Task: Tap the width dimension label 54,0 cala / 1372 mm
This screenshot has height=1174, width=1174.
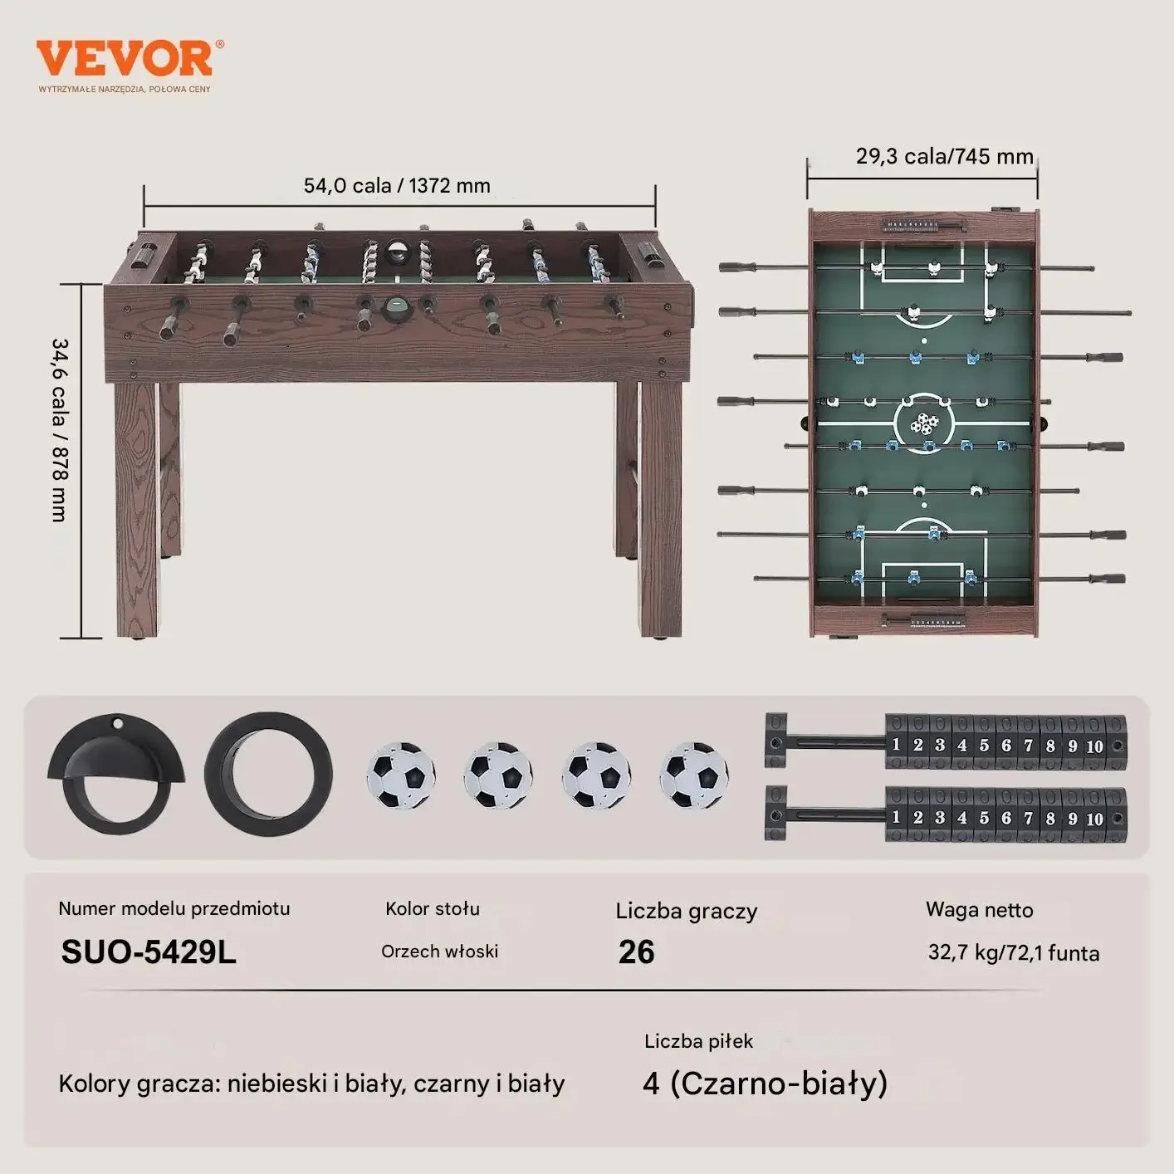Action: tap(397, 185)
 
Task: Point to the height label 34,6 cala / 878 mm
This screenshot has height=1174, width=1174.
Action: tap(60, 429)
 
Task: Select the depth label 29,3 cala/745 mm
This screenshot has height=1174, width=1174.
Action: tap(944, 156)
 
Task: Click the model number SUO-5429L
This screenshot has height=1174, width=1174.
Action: tap(149, 951)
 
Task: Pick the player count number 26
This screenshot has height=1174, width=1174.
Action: tap(636, 951)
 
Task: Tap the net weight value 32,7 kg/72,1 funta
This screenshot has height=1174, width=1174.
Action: tap(1013, 952)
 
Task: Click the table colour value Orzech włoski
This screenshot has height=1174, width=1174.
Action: tap(439, 951)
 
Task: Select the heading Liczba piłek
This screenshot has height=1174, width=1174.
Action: tap(698, 1041)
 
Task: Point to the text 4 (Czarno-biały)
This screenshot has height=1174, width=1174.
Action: tap(765, 1083)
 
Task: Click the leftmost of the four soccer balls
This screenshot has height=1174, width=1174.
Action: tap(401, 775)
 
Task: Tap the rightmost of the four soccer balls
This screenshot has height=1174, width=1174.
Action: tap(694, 775)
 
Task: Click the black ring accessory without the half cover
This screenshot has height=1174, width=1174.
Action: tap(268, 775)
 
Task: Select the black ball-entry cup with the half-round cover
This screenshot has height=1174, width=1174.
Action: tap(117, 773)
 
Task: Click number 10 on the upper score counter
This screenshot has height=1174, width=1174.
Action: tap(1094, 746)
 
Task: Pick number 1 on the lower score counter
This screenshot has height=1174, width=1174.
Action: tap(896, 817)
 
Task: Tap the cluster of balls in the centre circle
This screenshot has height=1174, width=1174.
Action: tap(924, 424)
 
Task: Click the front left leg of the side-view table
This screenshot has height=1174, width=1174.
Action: tap(136, 506)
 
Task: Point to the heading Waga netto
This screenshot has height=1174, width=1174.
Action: tap(979, 910)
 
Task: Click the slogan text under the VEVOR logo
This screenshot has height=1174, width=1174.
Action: tap(125, 89)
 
